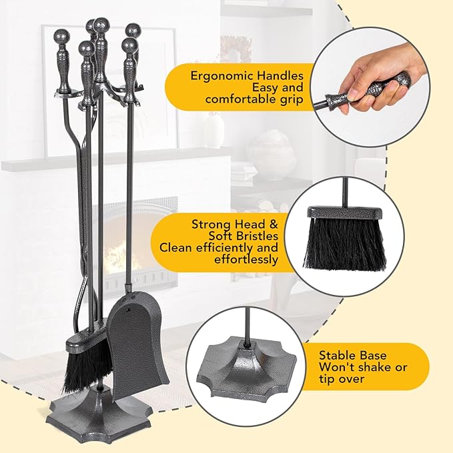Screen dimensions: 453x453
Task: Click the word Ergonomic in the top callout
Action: (222, 76)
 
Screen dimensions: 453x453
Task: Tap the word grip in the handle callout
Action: (291, 99)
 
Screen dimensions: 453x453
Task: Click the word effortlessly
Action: (246, 260)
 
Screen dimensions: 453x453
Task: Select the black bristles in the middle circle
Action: (345, 244)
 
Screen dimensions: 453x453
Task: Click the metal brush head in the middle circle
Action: (345, 212)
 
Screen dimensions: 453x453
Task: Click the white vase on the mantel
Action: (215, 127)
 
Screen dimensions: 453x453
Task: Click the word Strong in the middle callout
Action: (213, 224)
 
